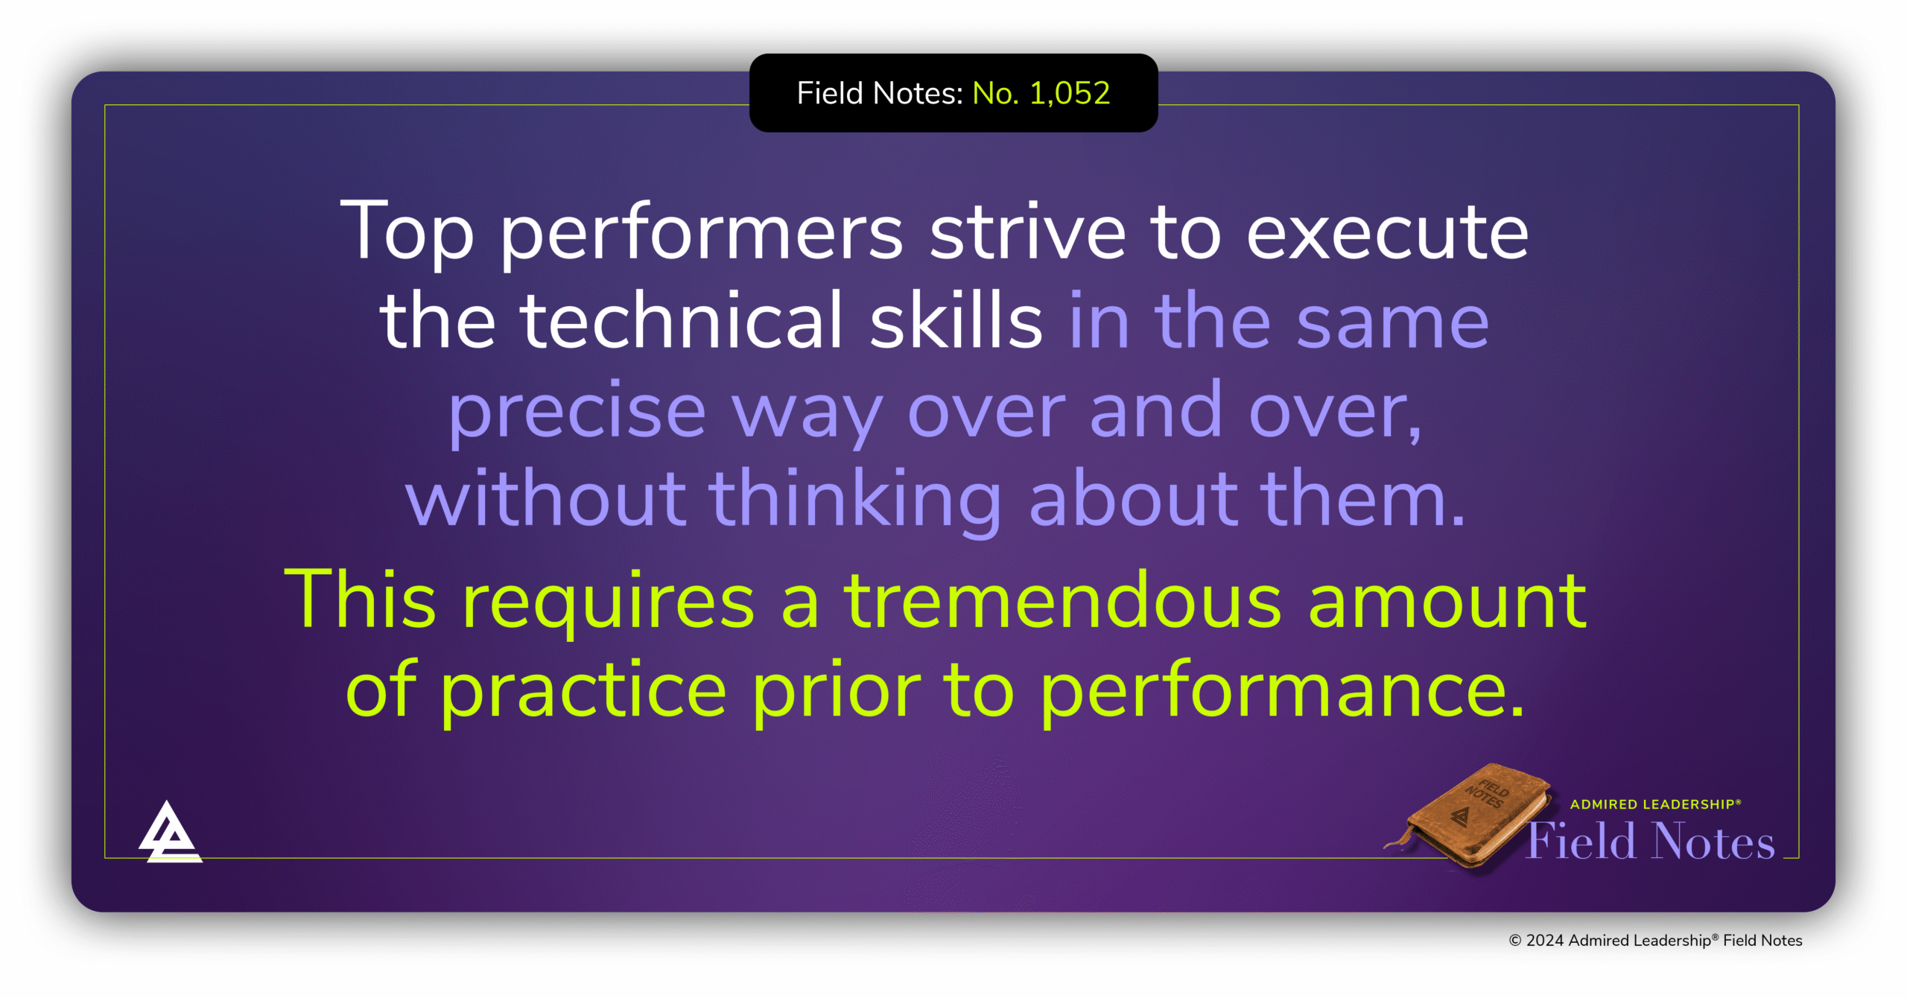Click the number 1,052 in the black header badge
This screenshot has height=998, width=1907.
point(1070,93)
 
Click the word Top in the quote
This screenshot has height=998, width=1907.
point(407,232)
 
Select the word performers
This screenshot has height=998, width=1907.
point(701,235)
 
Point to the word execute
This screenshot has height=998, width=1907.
point(1388,234)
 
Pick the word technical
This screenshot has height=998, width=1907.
point(682,321)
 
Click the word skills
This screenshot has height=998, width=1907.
point(956,321)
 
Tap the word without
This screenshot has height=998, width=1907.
point(545,498)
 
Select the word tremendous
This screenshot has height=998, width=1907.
point(1063,601)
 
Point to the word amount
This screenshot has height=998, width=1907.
point(1447,601)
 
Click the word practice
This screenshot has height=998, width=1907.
point(583,693)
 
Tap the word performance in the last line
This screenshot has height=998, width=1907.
point(1281,693)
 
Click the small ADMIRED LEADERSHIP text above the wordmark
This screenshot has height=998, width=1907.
point(1654,804)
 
